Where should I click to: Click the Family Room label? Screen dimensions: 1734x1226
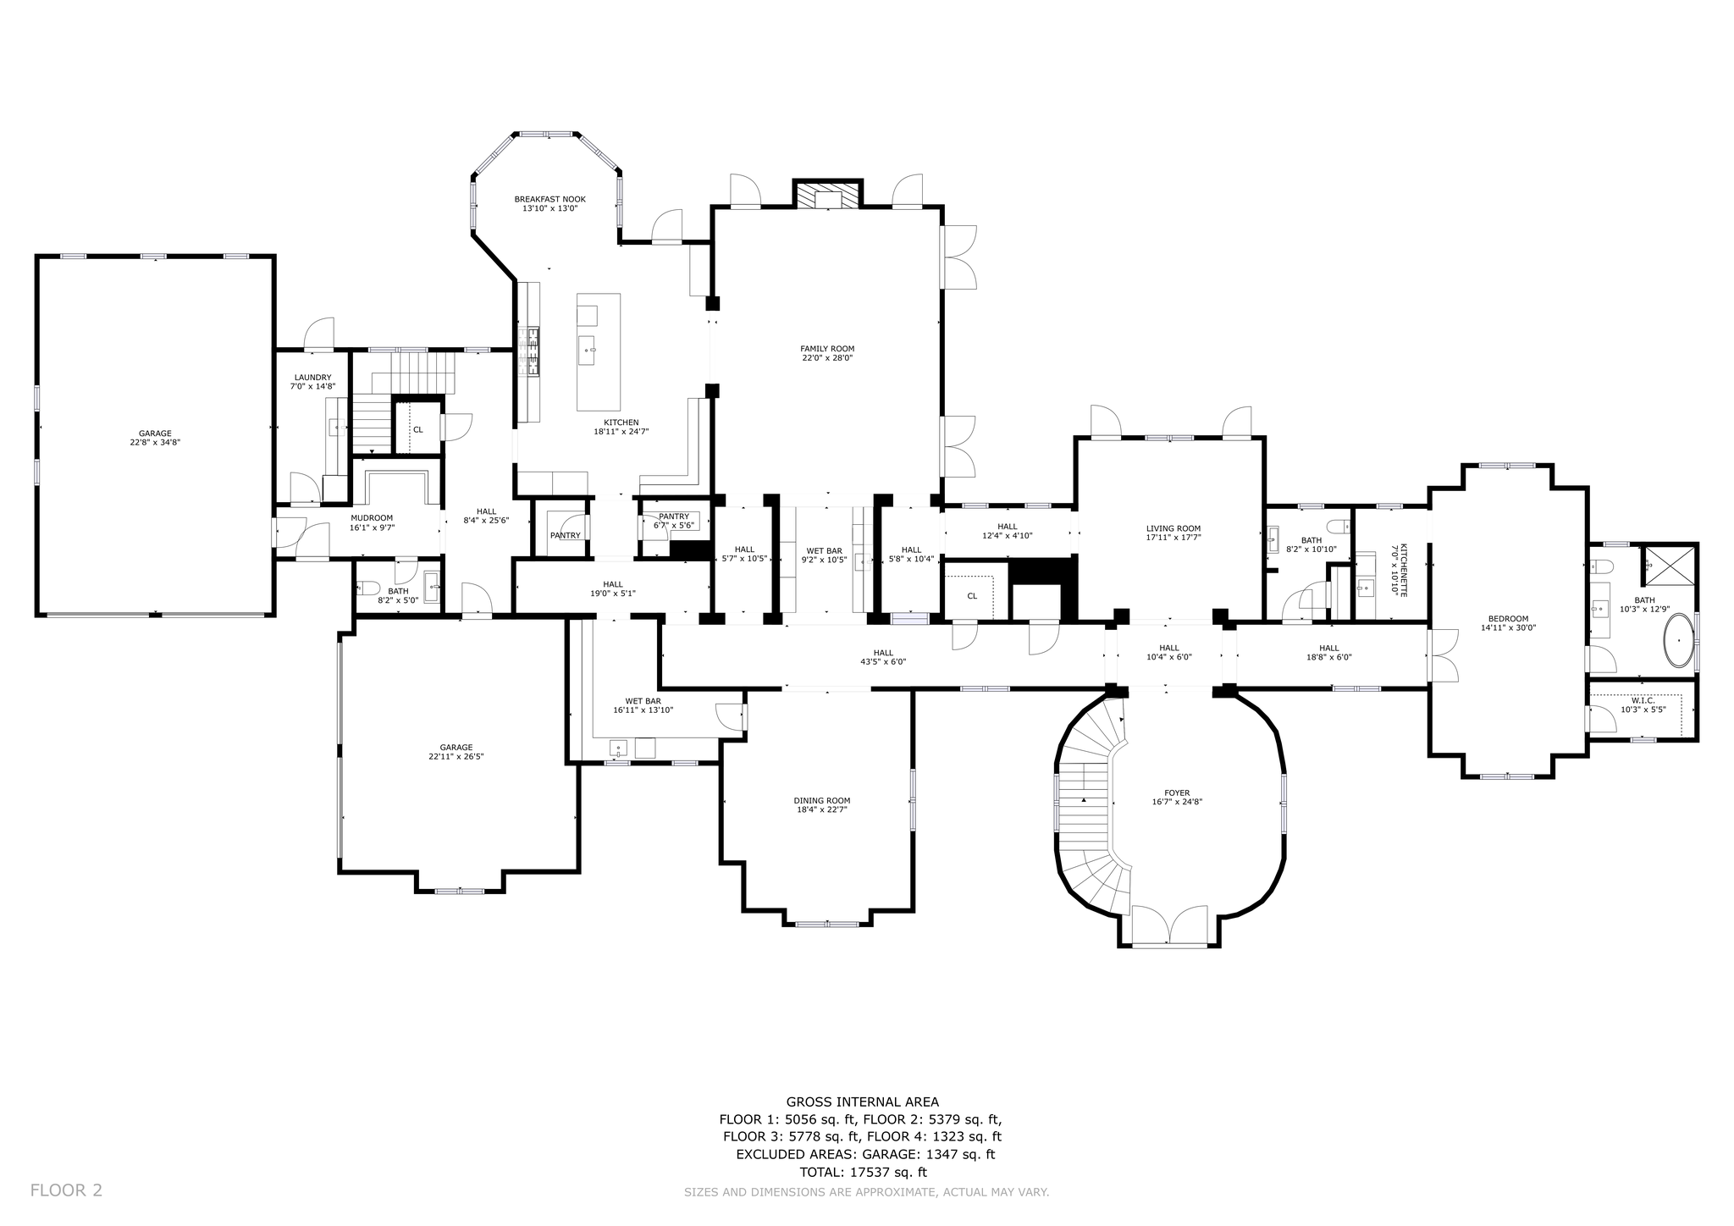[x=827, y=349]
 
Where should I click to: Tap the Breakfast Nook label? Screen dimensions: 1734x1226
[x=549, y=200]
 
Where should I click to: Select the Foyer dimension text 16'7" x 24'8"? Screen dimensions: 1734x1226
[x=1177, y=802]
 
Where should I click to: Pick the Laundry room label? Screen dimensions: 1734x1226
[x=312, y=378]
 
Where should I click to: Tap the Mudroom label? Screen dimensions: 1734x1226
[x=372, y=518]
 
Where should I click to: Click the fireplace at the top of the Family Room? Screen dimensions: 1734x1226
[x=827, y=196]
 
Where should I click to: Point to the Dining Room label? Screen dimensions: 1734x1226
[x=821, y=800]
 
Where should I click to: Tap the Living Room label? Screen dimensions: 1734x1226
[x=1173, y=528]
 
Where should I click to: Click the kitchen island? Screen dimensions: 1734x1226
[x=599, y=352]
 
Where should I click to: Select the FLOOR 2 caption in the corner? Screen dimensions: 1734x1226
[x=66, y=1190]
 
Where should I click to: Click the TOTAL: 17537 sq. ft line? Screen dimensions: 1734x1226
[x=863, y=1173]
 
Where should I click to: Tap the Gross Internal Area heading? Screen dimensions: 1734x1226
[x=862, y=1102]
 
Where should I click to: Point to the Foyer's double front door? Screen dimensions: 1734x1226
[x=1169, y=925]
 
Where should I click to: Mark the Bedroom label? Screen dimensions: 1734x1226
[x=1508, y=618]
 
